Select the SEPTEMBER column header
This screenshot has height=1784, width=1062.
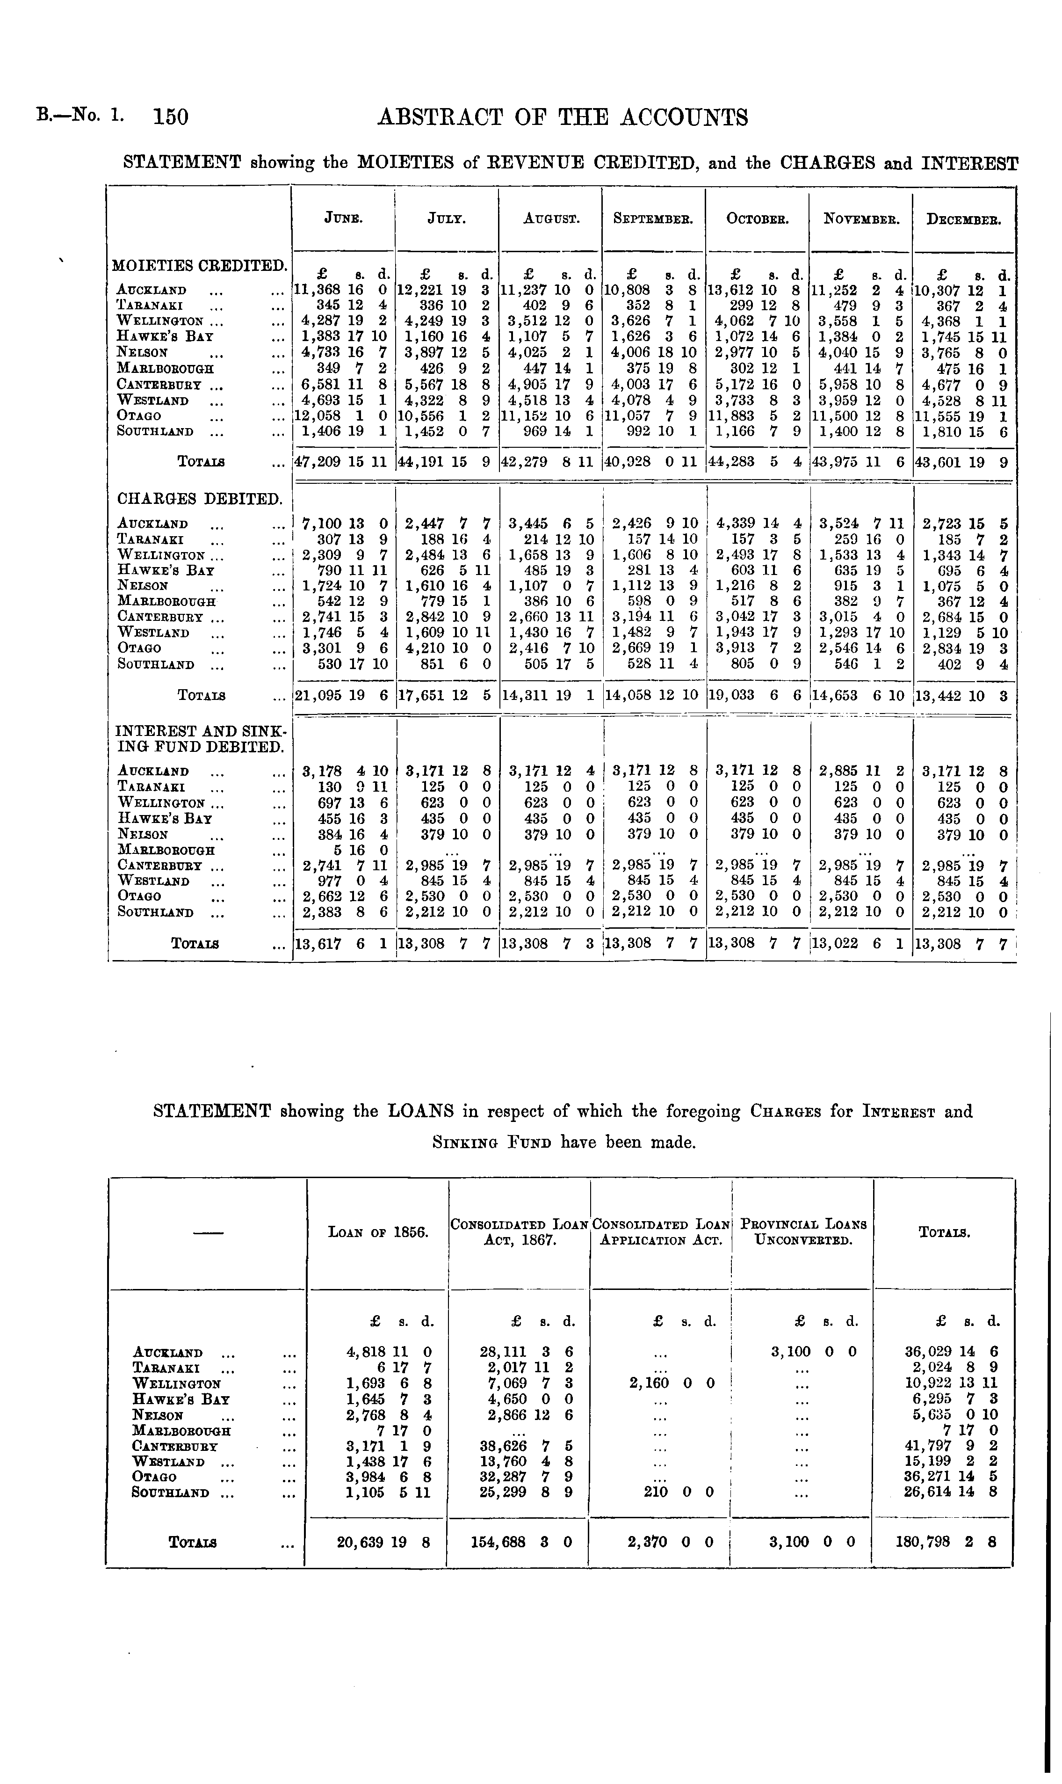(653, 219)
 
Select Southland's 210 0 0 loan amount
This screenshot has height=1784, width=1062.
(682, 1493)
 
